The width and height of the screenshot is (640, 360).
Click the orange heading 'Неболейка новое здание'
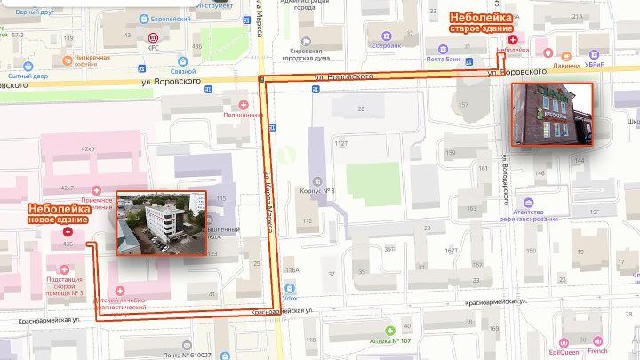pos(58,213)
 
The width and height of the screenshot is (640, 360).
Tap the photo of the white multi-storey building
pos(161,222)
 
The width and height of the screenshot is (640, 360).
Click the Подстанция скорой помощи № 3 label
pos(65,285)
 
